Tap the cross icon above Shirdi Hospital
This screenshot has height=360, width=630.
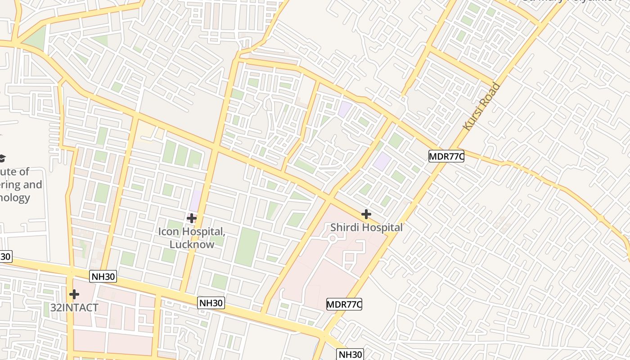point(366,214)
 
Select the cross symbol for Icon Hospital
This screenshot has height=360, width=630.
point(192,218)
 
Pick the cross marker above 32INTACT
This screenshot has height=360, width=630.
point(74,294)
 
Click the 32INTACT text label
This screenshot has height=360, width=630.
point(74,308)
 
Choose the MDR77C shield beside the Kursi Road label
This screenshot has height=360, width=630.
point(446,156)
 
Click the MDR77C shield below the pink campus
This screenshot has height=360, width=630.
point(344,304)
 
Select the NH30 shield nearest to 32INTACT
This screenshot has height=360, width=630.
point(103,276)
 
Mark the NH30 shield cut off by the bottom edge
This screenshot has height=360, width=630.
point(350,354)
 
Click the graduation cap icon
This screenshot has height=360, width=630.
point(2,158)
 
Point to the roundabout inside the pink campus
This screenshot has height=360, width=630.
point(332,238)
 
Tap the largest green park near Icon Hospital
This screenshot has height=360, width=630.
point(247,247)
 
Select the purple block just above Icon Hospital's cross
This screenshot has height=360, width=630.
point(196,201)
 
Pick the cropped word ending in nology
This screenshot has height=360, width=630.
point(15,198)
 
